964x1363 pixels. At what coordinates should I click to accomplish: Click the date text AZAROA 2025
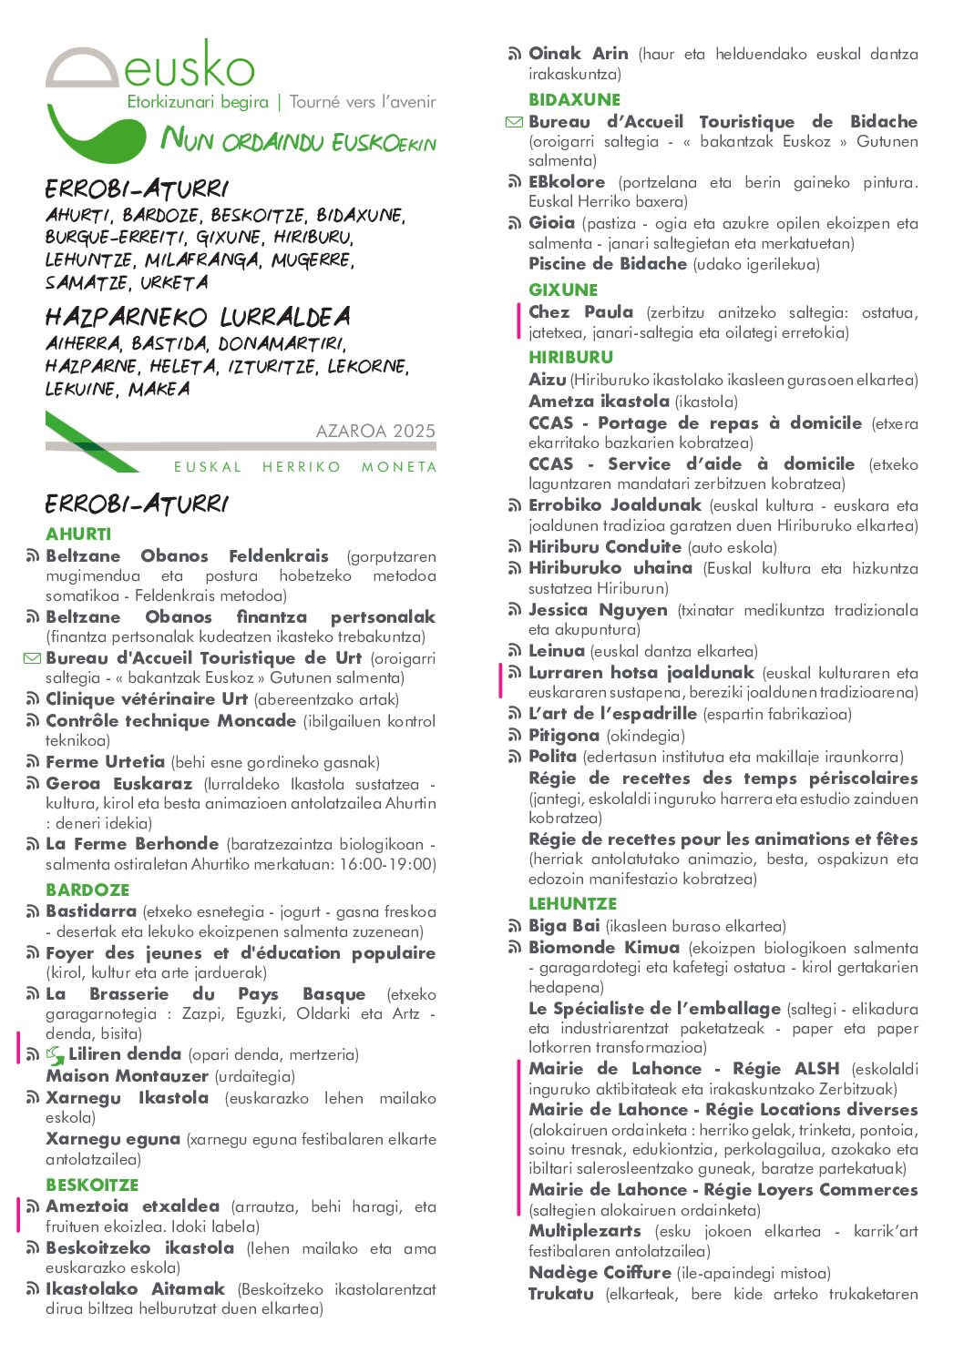375,431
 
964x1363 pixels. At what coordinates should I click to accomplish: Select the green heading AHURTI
78,534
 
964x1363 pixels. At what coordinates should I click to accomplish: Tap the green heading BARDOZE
87,890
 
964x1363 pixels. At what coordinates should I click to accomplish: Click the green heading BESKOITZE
92,1185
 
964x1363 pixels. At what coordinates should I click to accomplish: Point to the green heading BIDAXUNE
574,100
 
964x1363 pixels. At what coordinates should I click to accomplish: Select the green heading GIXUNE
563,290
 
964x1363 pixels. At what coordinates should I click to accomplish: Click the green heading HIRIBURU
570,358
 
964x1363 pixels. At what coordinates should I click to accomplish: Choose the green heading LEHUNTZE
572,904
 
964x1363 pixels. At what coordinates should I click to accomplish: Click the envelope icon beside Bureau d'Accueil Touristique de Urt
32,658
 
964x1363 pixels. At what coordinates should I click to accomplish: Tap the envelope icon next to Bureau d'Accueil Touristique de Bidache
514,122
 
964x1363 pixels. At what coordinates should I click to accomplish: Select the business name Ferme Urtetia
105,762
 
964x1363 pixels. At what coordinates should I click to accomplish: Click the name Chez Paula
580,312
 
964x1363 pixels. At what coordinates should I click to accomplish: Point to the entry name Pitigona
563,736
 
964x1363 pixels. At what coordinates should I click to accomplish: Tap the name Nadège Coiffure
600,1273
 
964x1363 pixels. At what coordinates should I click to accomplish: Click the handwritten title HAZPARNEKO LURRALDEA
198,318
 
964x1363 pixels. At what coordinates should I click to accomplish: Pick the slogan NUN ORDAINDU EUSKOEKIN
299,140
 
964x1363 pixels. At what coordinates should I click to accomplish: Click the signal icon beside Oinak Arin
515,55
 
